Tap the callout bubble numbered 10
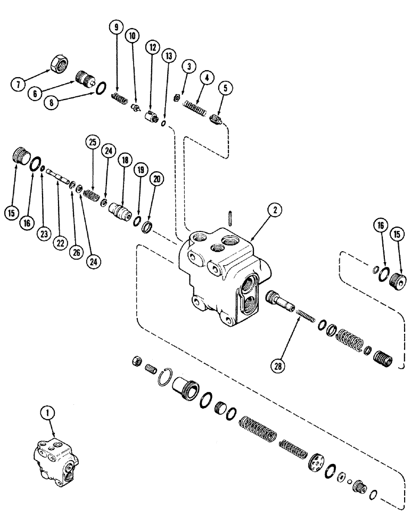tap(131, 36)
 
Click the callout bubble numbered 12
tap(153, 47)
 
